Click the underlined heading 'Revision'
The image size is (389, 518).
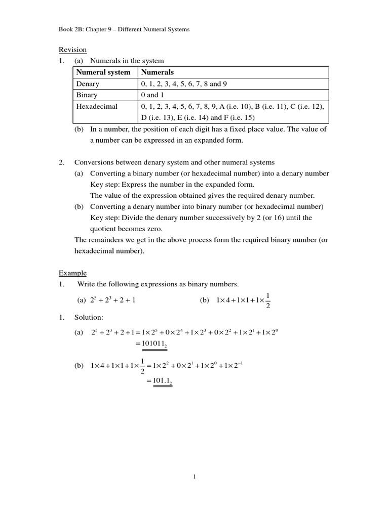pyautogui.click(x=73, y=50)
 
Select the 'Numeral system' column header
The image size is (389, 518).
pyautogui.click(x=103, y=72)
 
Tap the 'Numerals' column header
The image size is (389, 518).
pyautogui.click(x=157, y=72)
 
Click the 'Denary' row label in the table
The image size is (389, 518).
pyautogui.click(x=88, y=83)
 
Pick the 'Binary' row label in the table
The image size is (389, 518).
pyautogui.click(x=87, y=95)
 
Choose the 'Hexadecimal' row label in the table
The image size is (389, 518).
pyautogui.click(x=97, y=107)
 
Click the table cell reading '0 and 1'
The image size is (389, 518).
pyautogui.click(x=152, y=95)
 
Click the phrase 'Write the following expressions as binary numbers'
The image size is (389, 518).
pyautogui.click(x=158, y=284)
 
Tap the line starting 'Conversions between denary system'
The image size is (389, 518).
pyautogui.click(x=174, y=162)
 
